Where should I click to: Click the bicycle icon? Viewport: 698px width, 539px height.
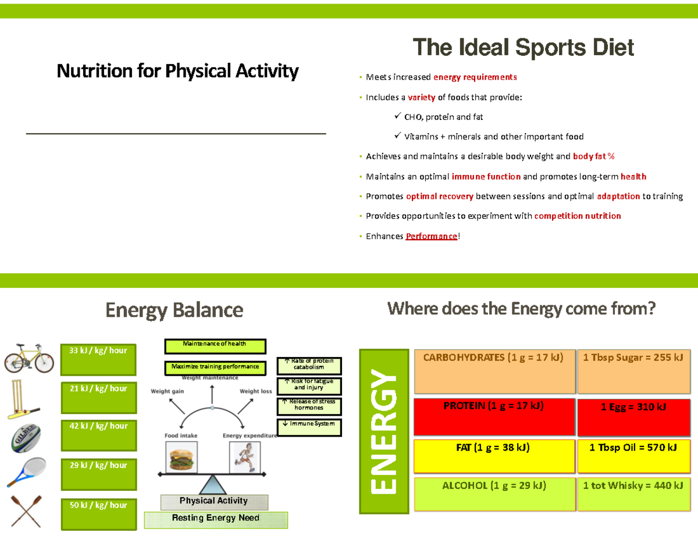pyautogui.click(x=29, y=357)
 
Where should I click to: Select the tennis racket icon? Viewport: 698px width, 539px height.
pyautogui.click(x=26, y=472)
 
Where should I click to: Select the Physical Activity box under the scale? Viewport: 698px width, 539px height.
pyautogui.click(x=213, y=501)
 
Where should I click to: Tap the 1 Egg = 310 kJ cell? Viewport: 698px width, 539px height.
pyautogui.click(x=633, y=407)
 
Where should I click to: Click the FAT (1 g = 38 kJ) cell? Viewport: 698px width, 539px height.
pyautogui.click(x=493, y=448)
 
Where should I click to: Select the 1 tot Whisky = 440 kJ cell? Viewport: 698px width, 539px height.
pyautogui.click(x=633, y=486)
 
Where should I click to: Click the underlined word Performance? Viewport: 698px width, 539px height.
pyautogui.click(x=432, y=236)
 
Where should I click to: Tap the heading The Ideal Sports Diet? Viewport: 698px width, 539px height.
pyautogui.click(x=523, y=48)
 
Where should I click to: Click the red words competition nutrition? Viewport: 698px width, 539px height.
pyautogui.click(x=578, y=216)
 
